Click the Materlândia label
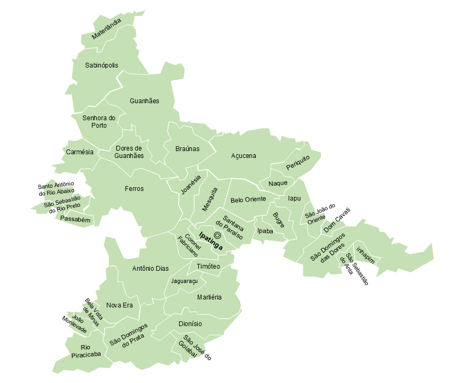point(106,29)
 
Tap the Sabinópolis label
point(102,65)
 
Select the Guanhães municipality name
point(144,101)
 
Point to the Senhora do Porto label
point(99,122)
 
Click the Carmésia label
point(80,152)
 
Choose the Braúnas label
point(187,149)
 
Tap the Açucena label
point(243,156)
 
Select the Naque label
point(278,183)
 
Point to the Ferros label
point(134,188)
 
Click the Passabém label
point(75,219)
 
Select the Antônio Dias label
point(150,269)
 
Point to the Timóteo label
point(208,266)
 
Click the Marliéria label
point(209,297)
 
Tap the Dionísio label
point(190,323)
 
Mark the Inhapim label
point(366,256)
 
